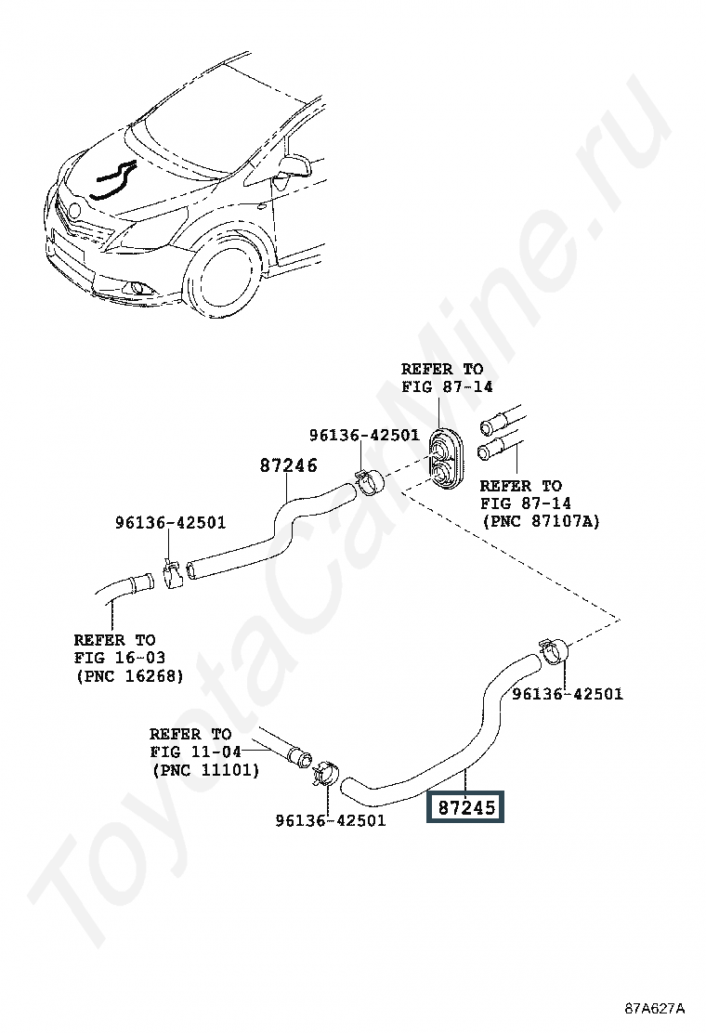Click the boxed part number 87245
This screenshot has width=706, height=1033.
[465, 807]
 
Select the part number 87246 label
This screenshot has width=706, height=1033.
[288, 465]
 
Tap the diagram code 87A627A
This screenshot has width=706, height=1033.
[655, 1009]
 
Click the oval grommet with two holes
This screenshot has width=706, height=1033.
[447, 461]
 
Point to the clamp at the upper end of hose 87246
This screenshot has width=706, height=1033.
[370, 482]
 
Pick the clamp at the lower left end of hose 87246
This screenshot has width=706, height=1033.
[173, 572]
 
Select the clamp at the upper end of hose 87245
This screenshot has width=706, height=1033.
[555, 651]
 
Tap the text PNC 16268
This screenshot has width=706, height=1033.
[130, 676]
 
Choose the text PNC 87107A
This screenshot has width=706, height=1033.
[541, 521]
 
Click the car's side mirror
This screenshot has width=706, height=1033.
[294, 165]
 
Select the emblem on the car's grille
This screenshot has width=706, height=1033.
[76, 212]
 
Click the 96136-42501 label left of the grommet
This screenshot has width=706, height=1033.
[364, 436]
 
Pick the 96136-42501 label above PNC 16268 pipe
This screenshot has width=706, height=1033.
[171, 523]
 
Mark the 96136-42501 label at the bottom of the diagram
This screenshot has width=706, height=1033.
[331, 821]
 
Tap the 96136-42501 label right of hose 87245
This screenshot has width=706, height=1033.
[568, 694]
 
